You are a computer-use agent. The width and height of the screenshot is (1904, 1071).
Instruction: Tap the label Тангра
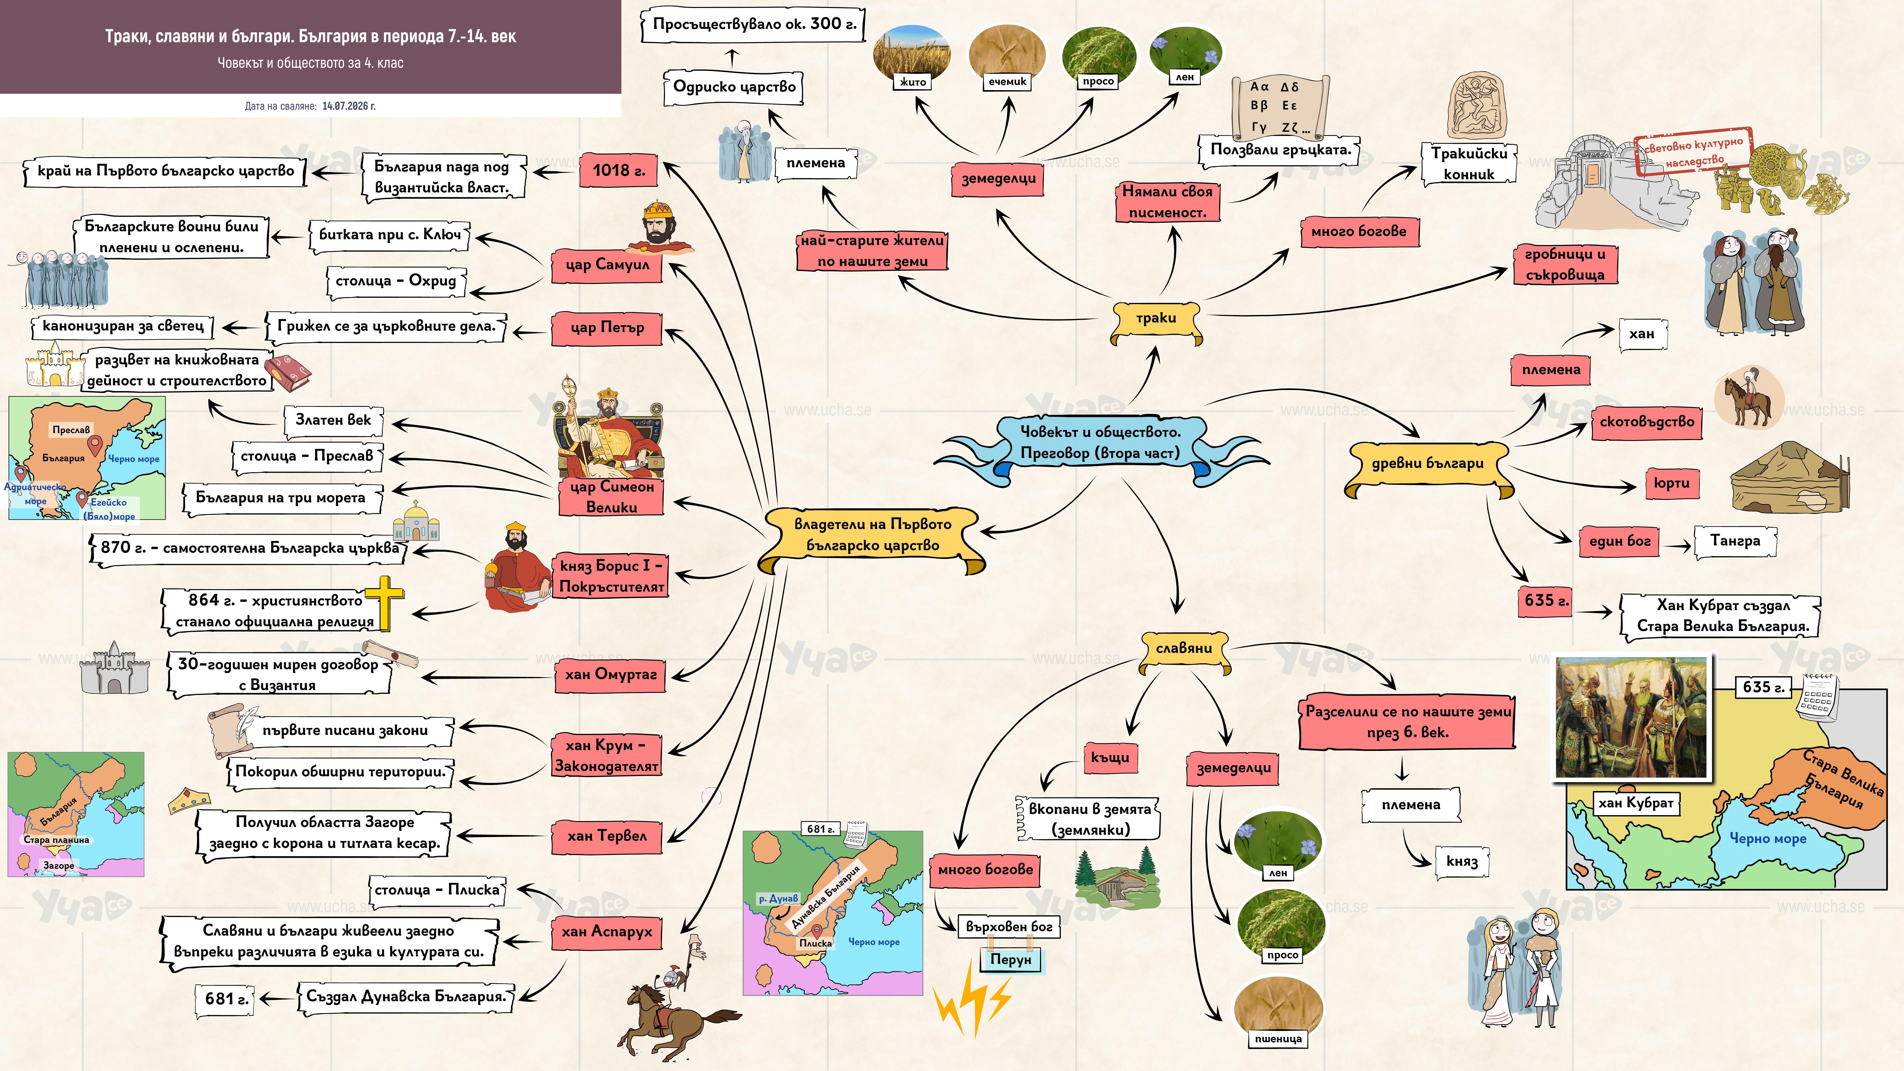click(1735, 541)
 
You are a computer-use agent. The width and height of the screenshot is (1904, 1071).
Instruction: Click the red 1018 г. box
click(619, 171)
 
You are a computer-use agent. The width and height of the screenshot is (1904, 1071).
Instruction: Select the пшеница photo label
click(1278, 1039)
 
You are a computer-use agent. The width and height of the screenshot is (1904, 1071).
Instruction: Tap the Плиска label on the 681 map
click(815, 943)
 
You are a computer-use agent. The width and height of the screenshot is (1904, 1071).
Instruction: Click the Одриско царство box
click(734, 87)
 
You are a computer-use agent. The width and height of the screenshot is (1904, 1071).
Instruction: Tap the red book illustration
click(288, 372)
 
